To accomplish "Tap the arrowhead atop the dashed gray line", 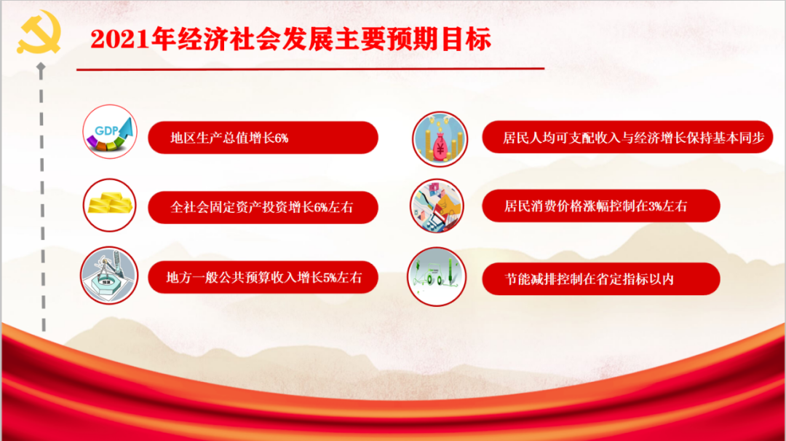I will coord(41,67).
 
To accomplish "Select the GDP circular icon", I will coord(110,132).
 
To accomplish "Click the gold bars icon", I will coord(110,203).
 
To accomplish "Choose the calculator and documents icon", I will coord(437,206).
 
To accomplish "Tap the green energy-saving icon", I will coord(435,276).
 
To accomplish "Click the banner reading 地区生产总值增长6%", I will coord(263,138).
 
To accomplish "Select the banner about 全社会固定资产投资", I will coord(263,207).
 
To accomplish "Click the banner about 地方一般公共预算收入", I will coord(263,278).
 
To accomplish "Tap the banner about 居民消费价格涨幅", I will coord(601,206).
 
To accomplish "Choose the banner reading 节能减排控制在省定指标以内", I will coord(601,278).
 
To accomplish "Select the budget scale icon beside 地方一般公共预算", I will coord(110,275).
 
